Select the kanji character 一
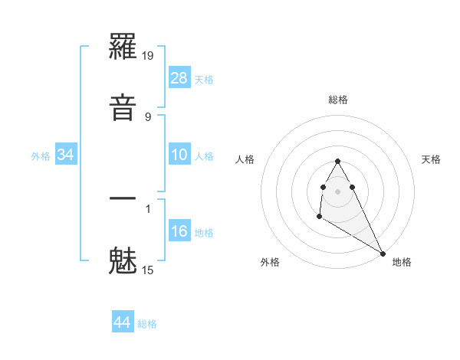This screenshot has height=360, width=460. click(123, 199)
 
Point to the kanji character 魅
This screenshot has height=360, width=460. click(123, 260)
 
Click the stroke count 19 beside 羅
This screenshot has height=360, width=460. click(149, 56)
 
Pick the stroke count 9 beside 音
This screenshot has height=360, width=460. click(148, 117)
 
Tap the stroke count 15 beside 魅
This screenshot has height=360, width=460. click(149, 270)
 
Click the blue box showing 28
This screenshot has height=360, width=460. click(179, 77)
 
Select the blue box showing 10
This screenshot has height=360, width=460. click(179, 155)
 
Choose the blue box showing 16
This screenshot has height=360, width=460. click(179, 231)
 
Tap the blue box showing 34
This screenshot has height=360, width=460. click(66, 155)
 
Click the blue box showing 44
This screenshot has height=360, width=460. click(123, 322)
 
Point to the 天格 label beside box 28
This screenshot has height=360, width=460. click(204, 79)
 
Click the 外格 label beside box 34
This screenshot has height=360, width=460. click(41, 156)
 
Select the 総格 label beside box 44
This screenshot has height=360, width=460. click(147, 324)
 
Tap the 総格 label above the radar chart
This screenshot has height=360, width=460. click(338, 100)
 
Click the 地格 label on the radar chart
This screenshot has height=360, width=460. click(402, 262)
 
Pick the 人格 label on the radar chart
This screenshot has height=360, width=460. click(245, 159)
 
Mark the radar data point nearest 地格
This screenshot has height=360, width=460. click(383, 254)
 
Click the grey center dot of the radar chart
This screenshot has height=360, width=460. click(338, 191)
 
